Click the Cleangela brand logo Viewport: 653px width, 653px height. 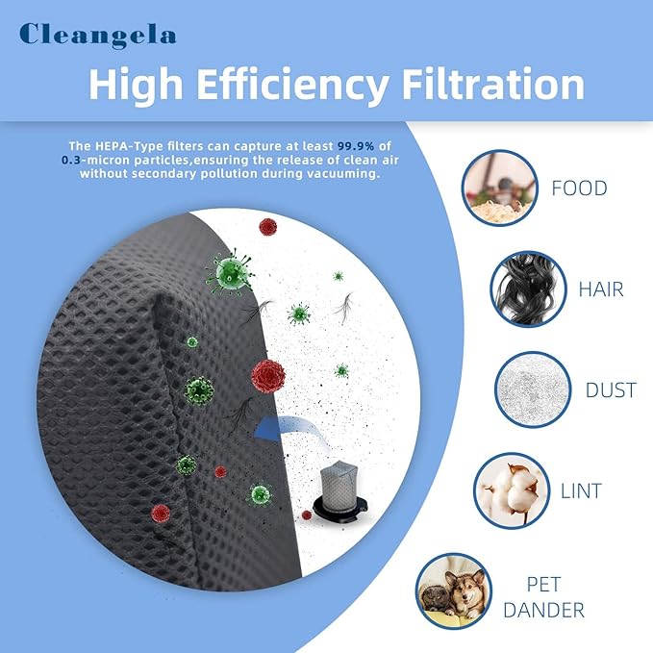point(98,35)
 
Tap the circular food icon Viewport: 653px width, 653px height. point(499,186)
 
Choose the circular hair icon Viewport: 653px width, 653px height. point(526,288)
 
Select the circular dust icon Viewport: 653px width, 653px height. point(531,390)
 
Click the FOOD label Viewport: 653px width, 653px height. point(578,188)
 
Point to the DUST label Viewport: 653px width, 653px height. point(610,390)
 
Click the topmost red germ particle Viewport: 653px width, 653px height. point(267,227)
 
